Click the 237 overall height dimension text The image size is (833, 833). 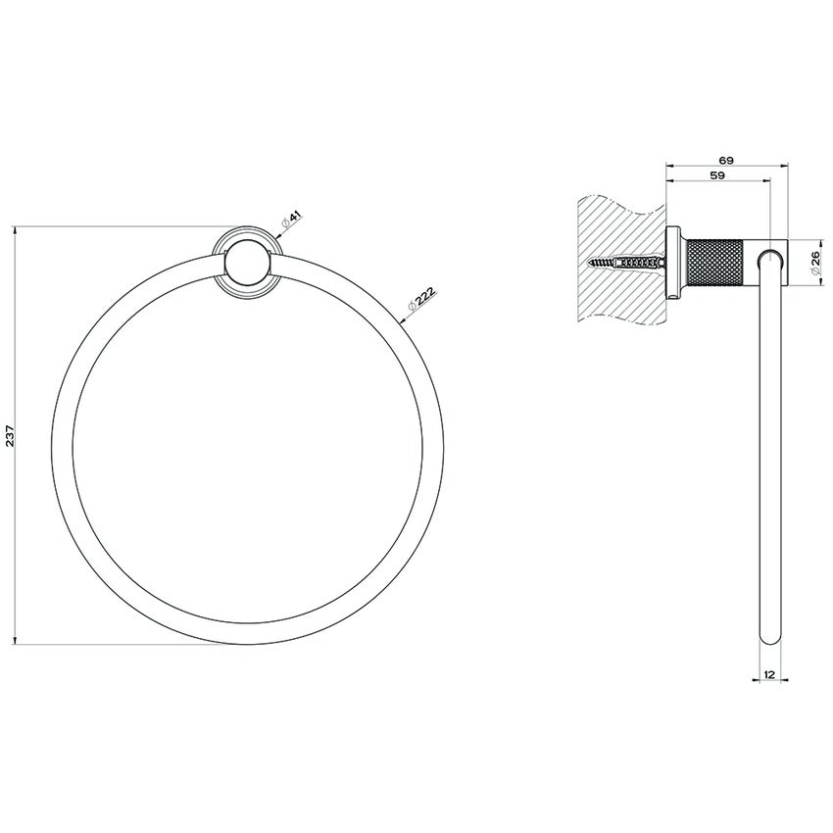click(x=11, y=435)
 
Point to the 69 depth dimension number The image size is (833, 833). click(x=726, y=159)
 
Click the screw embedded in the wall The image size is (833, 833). click(x=625, y=263)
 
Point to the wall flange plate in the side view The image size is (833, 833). click(x=672, y=262)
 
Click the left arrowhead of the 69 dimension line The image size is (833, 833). click(x=669, y=166)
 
